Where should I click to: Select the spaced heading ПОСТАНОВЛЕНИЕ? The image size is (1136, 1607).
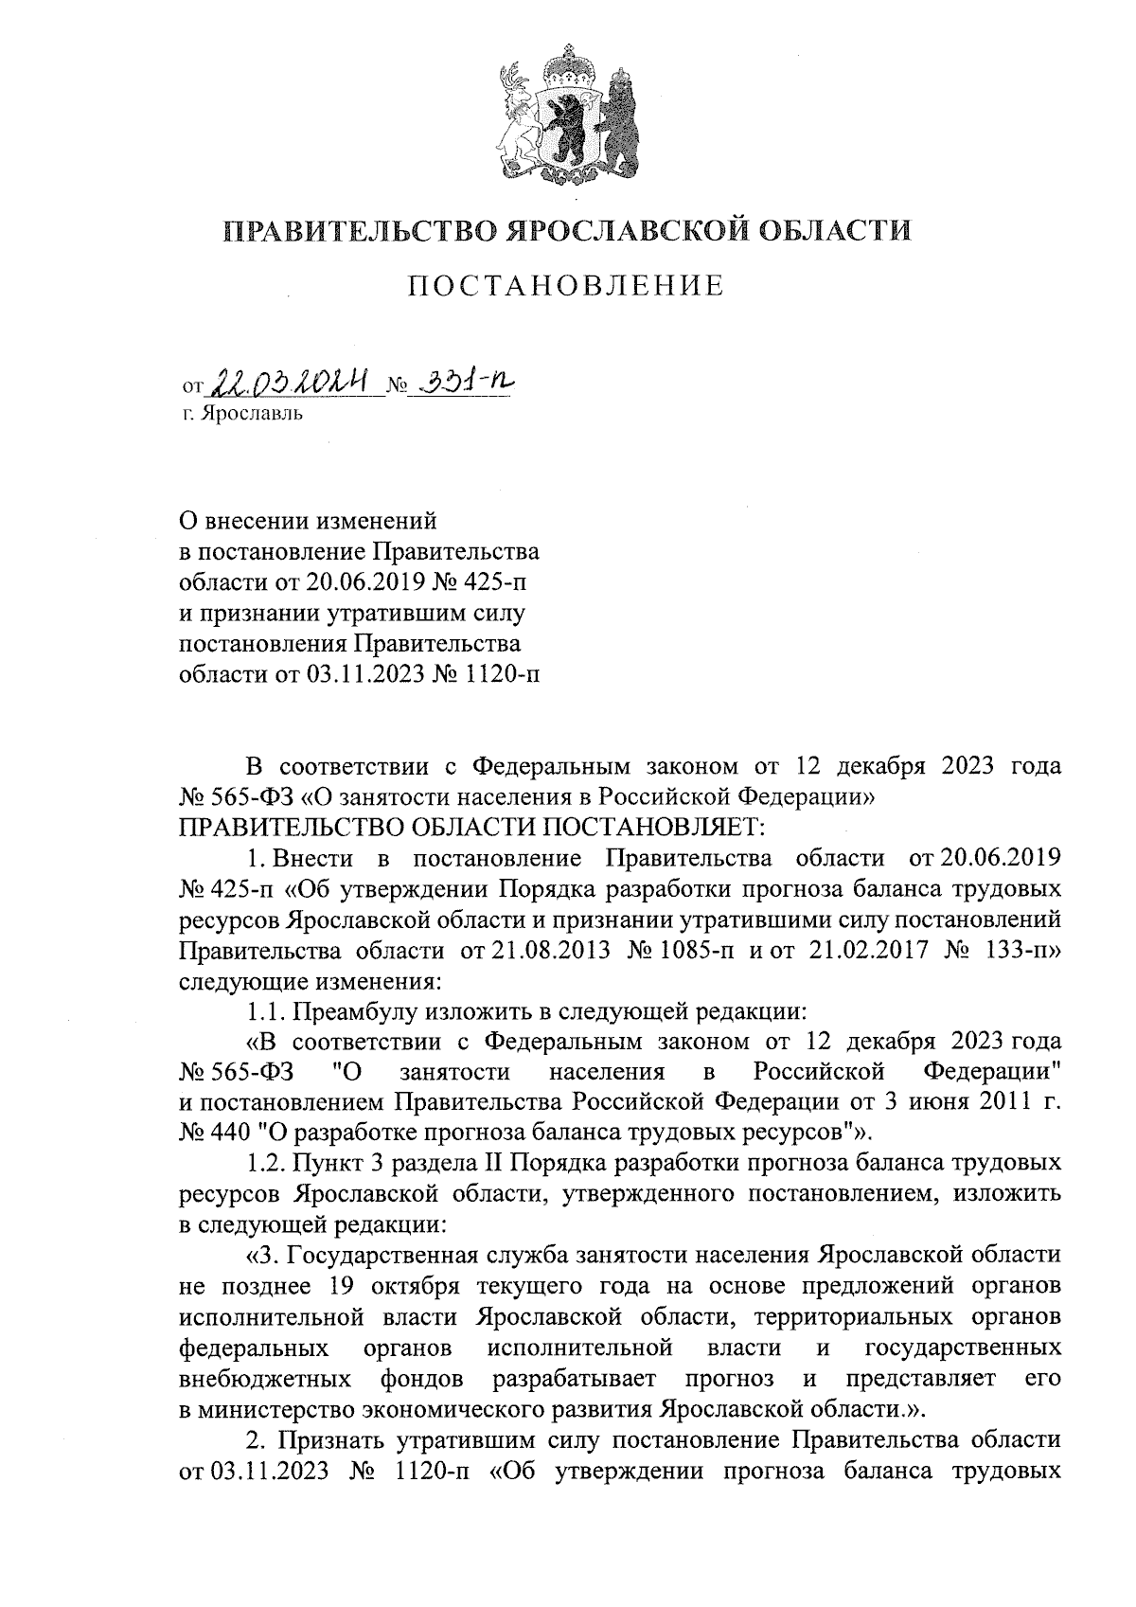tap(566, 286)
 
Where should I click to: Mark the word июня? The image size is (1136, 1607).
tap(952, 1101)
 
